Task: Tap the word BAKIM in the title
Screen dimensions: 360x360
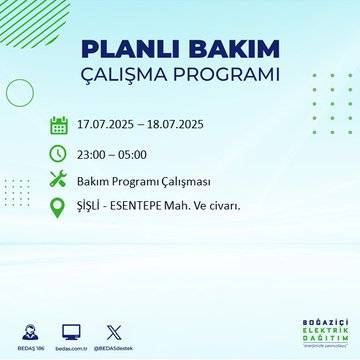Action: (229, 50)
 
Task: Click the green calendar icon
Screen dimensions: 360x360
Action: (58, 125)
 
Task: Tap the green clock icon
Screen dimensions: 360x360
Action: (58, 153)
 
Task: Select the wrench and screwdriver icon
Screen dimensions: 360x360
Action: (58, 180)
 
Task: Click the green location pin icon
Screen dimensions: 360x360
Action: (58, 208)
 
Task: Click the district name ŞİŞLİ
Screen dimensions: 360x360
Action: (91, 207)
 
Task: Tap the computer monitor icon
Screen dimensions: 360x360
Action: (71, 330)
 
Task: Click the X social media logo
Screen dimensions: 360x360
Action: (114, 330)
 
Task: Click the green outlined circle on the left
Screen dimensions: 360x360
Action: (20, 92)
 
